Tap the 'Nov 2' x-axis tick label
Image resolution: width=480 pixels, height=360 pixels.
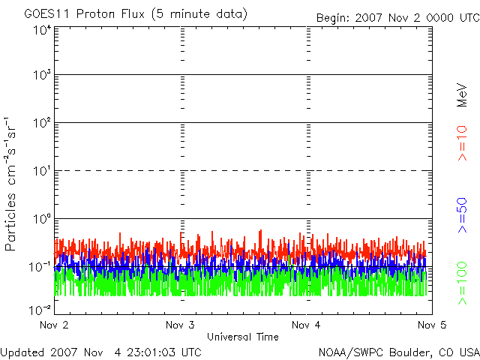coord(53,325)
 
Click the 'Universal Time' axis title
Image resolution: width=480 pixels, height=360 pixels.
coord(243,337)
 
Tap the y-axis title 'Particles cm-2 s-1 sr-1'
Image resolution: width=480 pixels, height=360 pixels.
coord(13,183)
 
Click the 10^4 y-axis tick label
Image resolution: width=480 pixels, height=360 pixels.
coord(40,30)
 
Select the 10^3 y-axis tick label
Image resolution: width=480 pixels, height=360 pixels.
coord(40,75)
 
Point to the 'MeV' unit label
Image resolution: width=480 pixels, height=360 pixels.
coord(462,97)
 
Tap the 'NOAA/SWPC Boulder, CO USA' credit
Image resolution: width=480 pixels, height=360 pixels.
coord(398,352)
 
